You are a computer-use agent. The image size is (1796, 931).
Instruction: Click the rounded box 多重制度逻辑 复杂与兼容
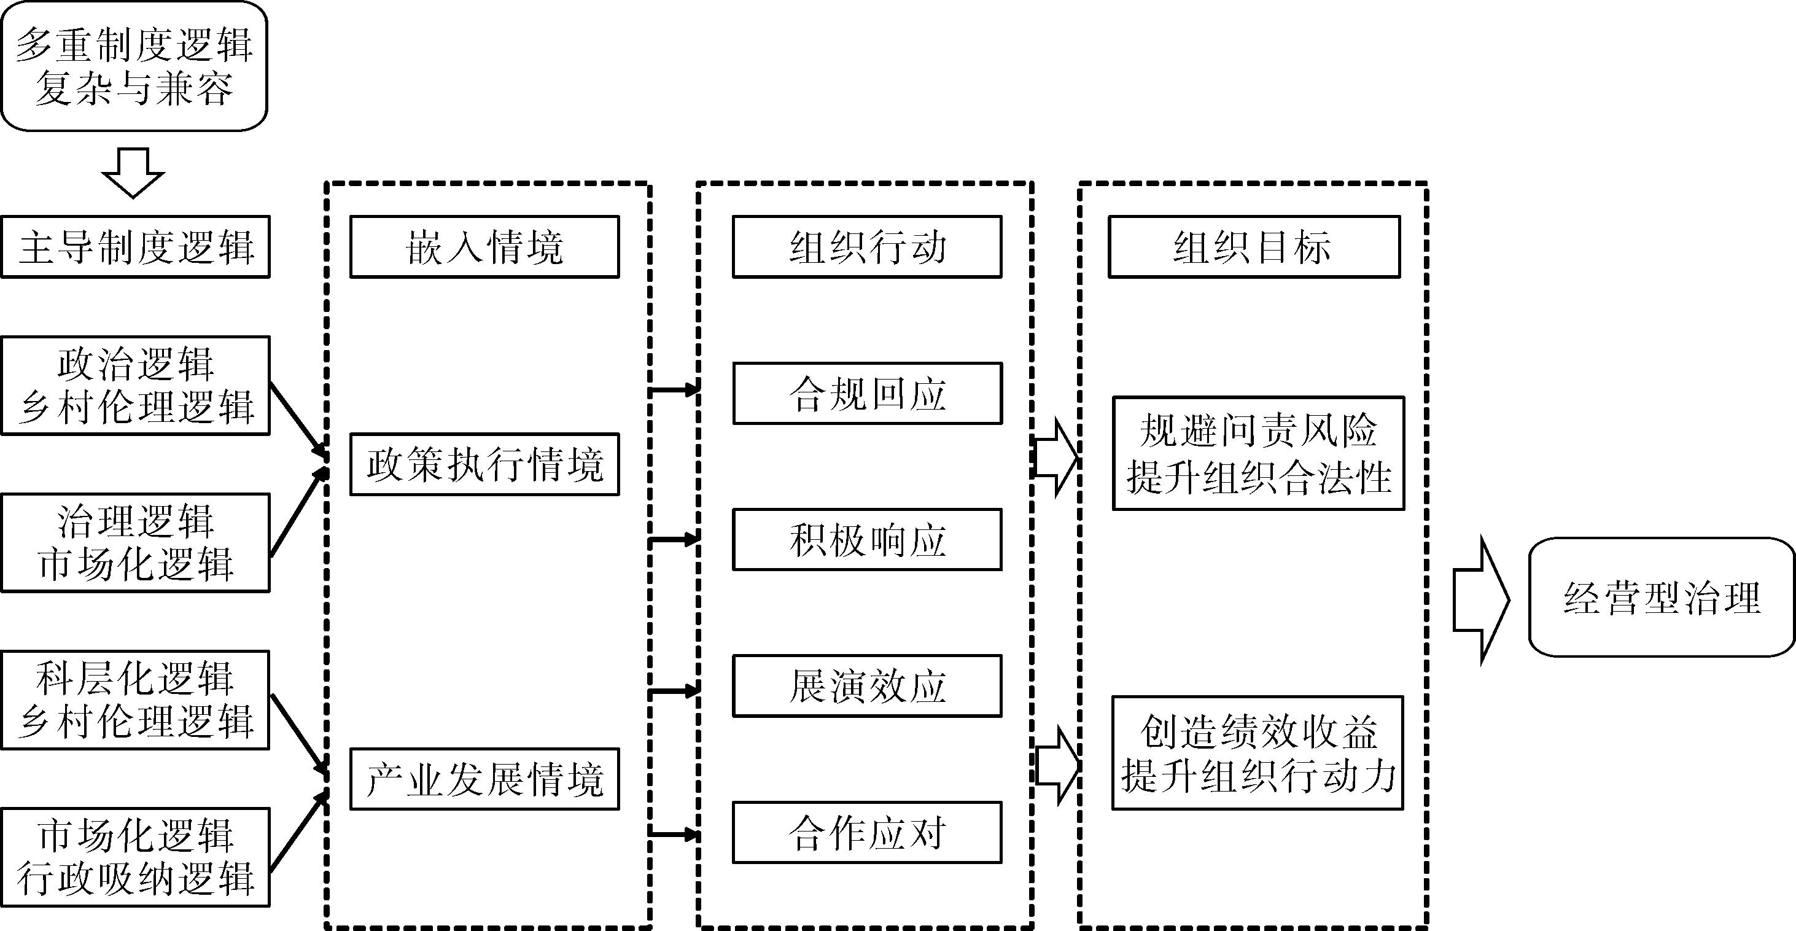point(134,66)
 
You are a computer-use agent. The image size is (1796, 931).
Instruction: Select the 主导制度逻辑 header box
point(135,247)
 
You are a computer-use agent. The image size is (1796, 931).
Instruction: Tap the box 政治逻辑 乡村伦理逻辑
point(135,386)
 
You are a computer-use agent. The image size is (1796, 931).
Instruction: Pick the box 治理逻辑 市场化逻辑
point(135,542)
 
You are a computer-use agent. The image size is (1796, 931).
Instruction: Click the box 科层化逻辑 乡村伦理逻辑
point(135,700)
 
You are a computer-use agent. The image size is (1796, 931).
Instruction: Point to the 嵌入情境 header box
point(484,247)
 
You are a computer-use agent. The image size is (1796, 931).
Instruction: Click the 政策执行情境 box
point(484,464)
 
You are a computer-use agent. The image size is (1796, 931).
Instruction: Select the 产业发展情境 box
point(484,779)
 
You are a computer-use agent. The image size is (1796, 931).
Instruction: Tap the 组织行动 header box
point(866,247)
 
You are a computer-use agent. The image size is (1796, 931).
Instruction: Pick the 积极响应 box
point(866,540)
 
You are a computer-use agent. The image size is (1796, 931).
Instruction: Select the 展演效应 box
point(866,686)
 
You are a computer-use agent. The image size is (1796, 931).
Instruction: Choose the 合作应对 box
point(866,833)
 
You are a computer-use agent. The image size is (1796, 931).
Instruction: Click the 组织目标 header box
point(1254,247)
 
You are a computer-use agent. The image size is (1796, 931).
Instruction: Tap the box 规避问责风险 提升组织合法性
point(1258,453)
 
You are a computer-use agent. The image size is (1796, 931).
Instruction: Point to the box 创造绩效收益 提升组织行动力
point(1257,753)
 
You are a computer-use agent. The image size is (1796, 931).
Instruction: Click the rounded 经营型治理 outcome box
point(1662,597)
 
